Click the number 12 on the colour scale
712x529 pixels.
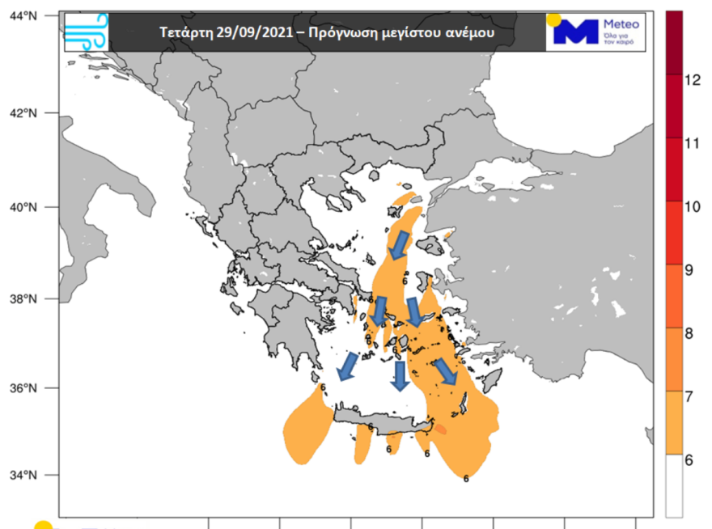point(691,79)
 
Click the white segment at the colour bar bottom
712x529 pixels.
point(673,485)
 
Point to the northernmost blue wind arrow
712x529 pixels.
point(399,243)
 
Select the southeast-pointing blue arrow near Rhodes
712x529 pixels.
point(443,372)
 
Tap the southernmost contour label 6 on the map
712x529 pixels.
point(465,478)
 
